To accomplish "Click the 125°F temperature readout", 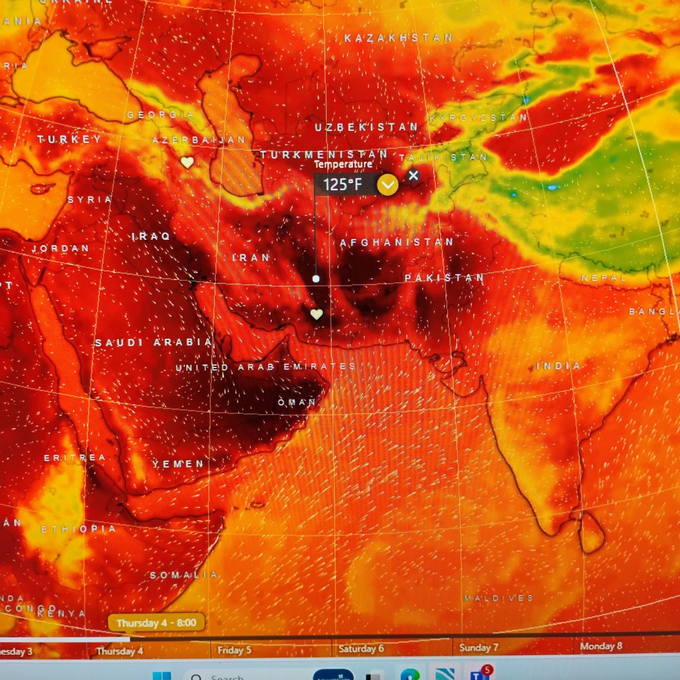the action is [343, 185].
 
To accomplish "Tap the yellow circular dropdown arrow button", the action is [388, 185].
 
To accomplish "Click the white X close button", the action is [413, 175].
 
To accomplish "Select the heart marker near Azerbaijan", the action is [187, 162].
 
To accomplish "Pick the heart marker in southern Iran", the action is [317, 314].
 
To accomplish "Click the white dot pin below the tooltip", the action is [316, 279].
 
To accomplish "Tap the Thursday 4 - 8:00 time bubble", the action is [156, 623].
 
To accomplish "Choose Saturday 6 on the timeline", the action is [361, 648].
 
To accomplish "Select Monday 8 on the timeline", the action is [601, 646].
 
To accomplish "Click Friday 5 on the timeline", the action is [234, 650].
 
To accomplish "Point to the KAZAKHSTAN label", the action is [398, 38].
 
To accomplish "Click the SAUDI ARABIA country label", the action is [153, 342].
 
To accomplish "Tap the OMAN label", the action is [297, 402].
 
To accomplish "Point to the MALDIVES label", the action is [498, 598].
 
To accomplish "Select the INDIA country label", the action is [559, 366].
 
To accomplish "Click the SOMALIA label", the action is [184, 575].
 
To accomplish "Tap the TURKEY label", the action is [69, 139].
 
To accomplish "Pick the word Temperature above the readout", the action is [343, 164].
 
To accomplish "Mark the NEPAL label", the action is [604, 278].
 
